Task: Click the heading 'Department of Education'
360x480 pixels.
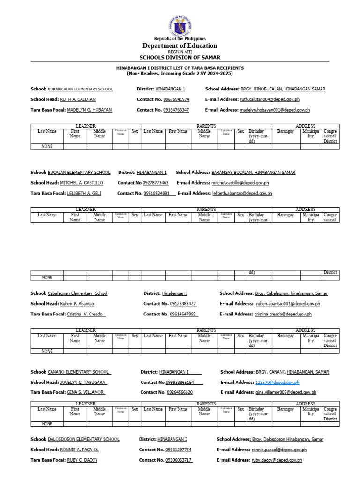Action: tap(180, 45)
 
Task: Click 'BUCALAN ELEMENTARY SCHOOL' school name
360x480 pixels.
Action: tap(79, 172)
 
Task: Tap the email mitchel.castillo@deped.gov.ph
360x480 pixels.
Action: tap(240, 183)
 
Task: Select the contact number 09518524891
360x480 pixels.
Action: tap(156, 193)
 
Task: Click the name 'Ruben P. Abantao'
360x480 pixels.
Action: tap(77, 304)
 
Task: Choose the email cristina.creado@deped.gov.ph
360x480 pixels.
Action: tap(283, 314)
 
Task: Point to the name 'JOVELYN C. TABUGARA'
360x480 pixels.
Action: tap(82, 382)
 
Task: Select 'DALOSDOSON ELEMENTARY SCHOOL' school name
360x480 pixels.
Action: tap(84, 440)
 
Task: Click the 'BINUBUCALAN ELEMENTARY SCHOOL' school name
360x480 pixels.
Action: tap(80, 89)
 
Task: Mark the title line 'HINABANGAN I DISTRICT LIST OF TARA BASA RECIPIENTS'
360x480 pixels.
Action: tap(180, 68)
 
